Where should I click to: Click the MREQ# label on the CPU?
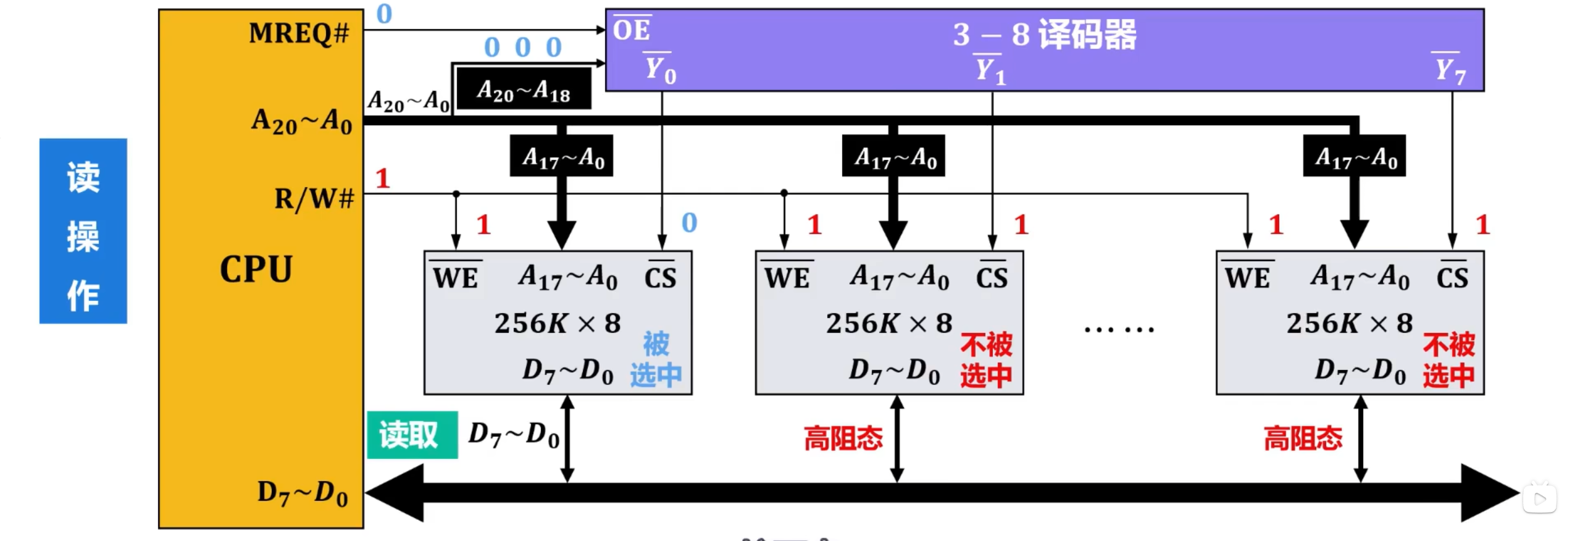click(x=299, y=33)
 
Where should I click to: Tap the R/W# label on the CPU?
click(x=314, y=199)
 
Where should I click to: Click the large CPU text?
click(x=256, y=269)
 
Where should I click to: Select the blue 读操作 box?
click(x=83, y=231)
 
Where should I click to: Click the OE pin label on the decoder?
click(x=631, y=30)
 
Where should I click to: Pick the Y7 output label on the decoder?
click(x=1450, y=70)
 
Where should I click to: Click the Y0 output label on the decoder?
click(x=660, y=69)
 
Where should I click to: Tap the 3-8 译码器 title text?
click(x=1044, y=35)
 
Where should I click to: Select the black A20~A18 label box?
click(x=524, y=90)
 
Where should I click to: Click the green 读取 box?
click(x=412, y=435)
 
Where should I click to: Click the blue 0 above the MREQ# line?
click(x=384, y=14)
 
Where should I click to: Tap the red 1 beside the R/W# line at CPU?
click(x=383, y=179)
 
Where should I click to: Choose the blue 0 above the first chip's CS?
click(x=689, y=223)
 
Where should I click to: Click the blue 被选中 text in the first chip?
click(x=656, y=359)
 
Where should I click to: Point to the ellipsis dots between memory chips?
click(x=1119, y=329)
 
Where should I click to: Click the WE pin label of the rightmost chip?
click(x=1247, y=278)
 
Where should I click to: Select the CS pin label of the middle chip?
click(x=992, y=278)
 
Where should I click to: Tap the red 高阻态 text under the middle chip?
click(x=843, y=438)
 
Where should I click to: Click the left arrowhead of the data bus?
click(x=395, y=493)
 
